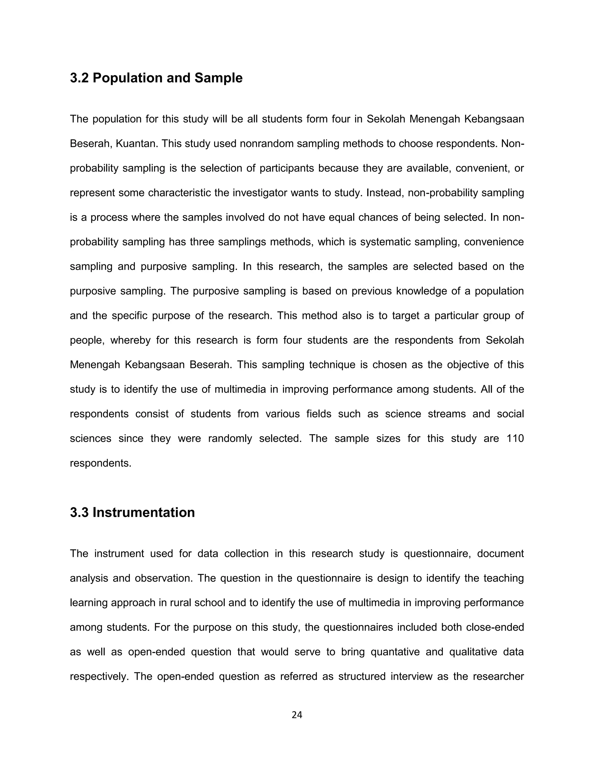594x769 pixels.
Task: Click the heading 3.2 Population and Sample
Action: click(x=156, y=78)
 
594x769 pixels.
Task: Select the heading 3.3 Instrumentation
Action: click(x=132, y=512)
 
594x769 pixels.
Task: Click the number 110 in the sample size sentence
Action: click(x=515, y=439)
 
